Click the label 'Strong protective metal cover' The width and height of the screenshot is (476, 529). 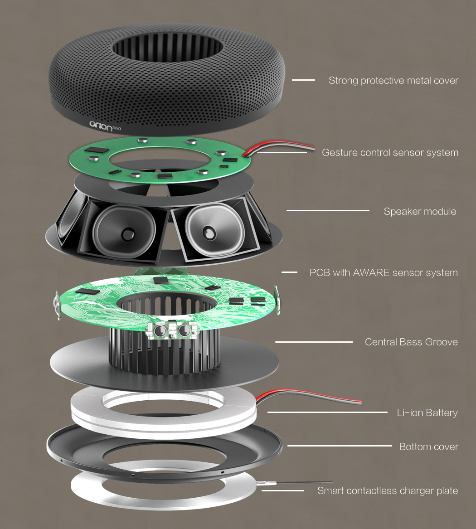393,81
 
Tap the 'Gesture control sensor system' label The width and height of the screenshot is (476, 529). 390,152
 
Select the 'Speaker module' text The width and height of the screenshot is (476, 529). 420,211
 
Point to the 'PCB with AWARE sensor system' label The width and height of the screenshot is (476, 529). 384,272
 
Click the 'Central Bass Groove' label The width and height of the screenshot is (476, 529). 411,342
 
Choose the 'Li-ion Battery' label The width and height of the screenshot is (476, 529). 427,413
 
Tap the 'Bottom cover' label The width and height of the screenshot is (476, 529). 428,446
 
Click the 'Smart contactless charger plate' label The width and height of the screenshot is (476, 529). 387,490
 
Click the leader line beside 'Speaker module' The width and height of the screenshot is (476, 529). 328,211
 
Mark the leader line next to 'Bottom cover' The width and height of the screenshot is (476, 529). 340,446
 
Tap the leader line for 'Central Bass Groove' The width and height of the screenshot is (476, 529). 314,342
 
